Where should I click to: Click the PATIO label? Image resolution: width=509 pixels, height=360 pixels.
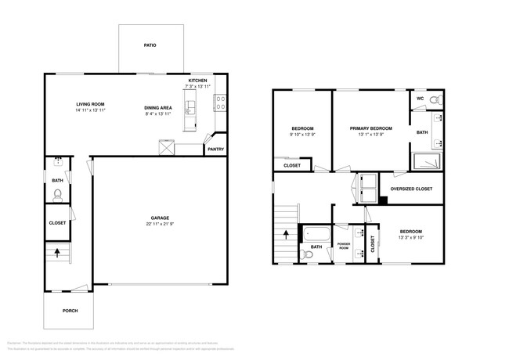pyautogui.click(x=150, y=45)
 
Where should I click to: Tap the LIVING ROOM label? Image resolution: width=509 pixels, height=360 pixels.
pyautogui.click(x=90, y=104)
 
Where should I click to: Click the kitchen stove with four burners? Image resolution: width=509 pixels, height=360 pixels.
pyautogui.click(x=221, y=99)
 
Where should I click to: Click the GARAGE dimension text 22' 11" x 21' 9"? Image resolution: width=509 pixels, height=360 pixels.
pyautogui.click(x=160, y=225)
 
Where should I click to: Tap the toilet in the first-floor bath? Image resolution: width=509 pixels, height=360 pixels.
pyautogui.click(x=57, y=196)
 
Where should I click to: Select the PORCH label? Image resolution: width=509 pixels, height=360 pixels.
pyautogui.click(x=70, y=310)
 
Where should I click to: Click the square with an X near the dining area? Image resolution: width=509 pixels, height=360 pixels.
pyautogui.click(x=165, y=147)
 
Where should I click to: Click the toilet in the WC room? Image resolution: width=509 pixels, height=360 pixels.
pyautogui.click(x=435, y=99)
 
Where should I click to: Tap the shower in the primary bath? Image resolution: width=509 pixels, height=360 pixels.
pyautogui.click(x=428, y=161)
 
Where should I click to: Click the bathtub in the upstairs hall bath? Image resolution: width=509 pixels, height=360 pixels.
pyautogui.click(x=316, y=233)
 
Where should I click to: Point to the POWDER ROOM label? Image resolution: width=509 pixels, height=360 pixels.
pyautogui.click(x=343, y=245)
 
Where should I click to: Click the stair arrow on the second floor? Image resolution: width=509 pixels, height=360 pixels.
pyautogui.click(x=286, y=232)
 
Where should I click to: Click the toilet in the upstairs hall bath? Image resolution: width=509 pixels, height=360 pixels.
pyautogui.click(x=306, y=254)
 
